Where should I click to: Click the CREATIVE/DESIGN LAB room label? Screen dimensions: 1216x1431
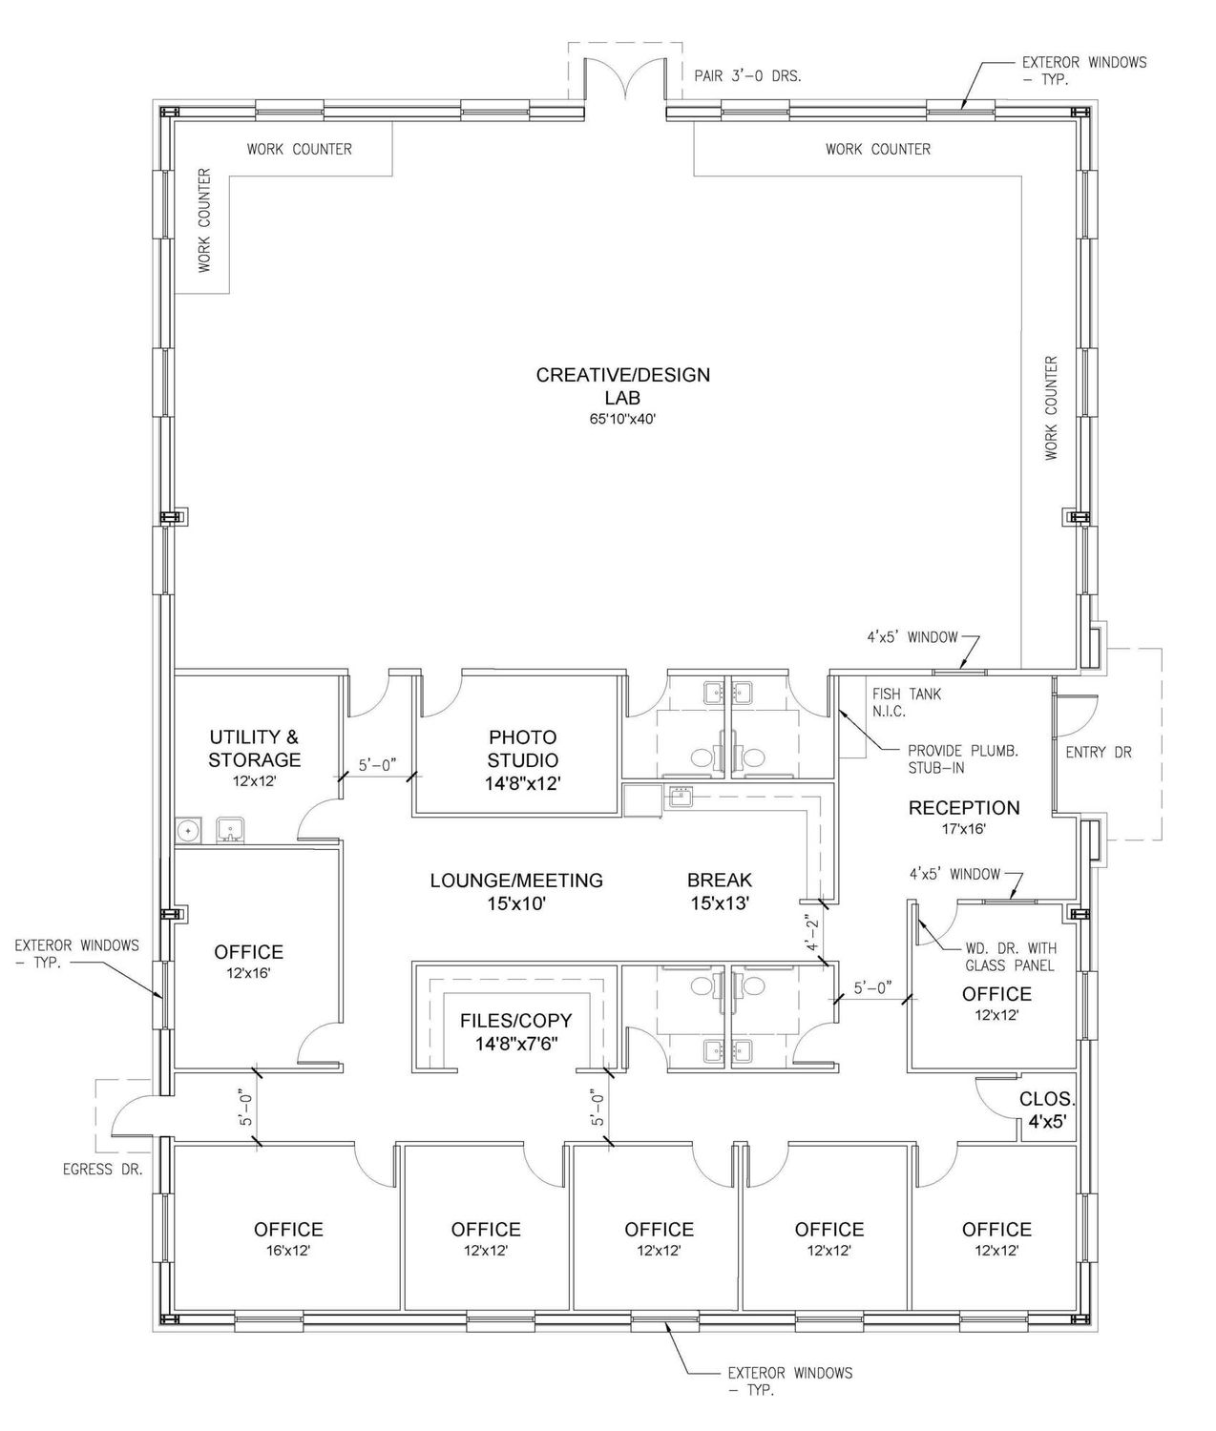point(622,385)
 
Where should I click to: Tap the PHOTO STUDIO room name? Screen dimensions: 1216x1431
point(522,748)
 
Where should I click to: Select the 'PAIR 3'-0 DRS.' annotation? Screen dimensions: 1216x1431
point(748,76)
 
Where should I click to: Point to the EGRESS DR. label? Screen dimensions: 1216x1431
point(102,1170)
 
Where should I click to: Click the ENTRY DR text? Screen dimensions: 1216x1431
point(1099,752)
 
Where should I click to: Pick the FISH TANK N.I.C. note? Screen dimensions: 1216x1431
point(907,702)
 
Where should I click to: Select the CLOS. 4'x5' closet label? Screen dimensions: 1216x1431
point(1047,1110)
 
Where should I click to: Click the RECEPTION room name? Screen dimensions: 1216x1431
point(964,808)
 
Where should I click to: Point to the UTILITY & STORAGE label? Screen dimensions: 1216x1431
point(254,748)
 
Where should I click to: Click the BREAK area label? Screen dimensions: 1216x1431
point(720,880)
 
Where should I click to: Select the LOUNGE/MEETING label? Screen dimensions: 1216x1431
point(516,880)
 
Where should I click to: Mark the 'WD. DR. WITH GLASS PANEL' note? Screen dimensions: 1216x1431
point(1011,957)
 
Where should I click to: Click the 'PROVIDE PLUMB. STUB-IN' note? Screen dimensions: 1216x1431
point(962,759)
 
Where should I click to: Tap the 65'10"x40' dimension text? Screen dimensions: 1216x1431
point(622,419)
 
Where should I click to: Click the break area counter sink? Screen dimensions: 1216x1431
point(680,797)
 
